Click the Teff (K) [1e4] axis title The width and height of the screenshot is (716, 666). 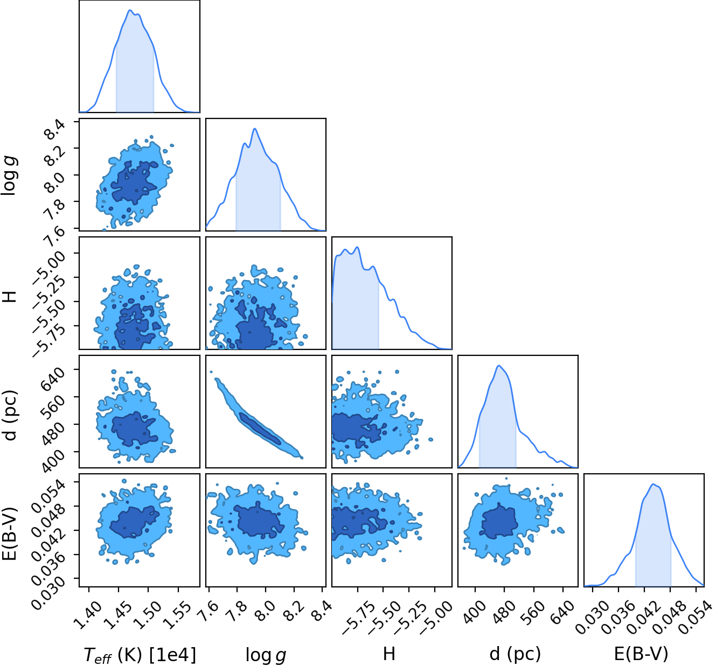(x=140, y=655)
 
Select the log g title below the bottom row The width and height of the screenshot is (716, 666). (x=266, y=655)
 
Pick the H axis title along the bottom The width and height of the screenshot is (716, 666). (x=389, y=654)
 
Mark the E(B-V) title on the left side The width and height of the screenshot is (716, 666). (x=10, y=534)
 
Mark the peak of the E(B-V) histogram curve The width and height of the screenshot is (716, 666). (x=653, y=484)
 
